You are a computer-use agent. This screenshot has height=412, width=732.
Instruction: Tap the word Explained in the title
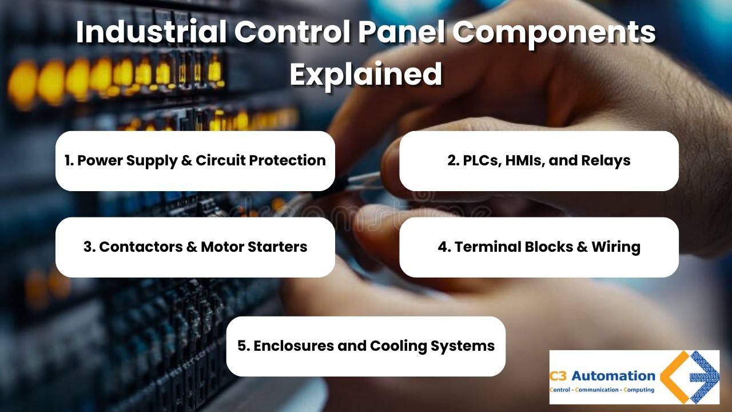[366, 74]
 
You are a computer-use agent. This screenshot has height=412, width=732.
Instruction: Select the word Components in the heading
[554, 33]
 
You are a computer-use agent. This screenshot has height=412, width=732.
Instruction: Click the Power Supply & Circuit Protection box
[195, 161]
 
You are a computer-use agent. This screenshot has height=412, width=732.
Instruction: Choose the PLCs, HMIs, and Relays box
[539, 161]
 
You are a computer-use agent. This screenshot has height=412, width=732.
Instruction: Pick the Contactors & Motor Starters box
[195, 247]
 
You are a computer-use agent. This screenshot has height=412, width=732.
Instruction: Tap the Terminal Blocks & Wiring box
[539, 247]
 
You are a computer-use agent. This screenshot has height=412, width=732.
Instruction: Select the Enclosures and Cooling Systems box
[366, 346]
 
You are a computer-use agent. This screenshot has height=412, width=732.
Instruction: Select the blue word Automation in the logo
[613, 377]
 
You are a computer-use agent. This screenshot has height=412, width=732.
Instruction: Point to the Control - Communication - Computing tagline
[602, 390]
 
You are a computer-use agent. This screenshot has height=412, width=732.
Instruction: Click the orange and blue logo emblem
[689, 377]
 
